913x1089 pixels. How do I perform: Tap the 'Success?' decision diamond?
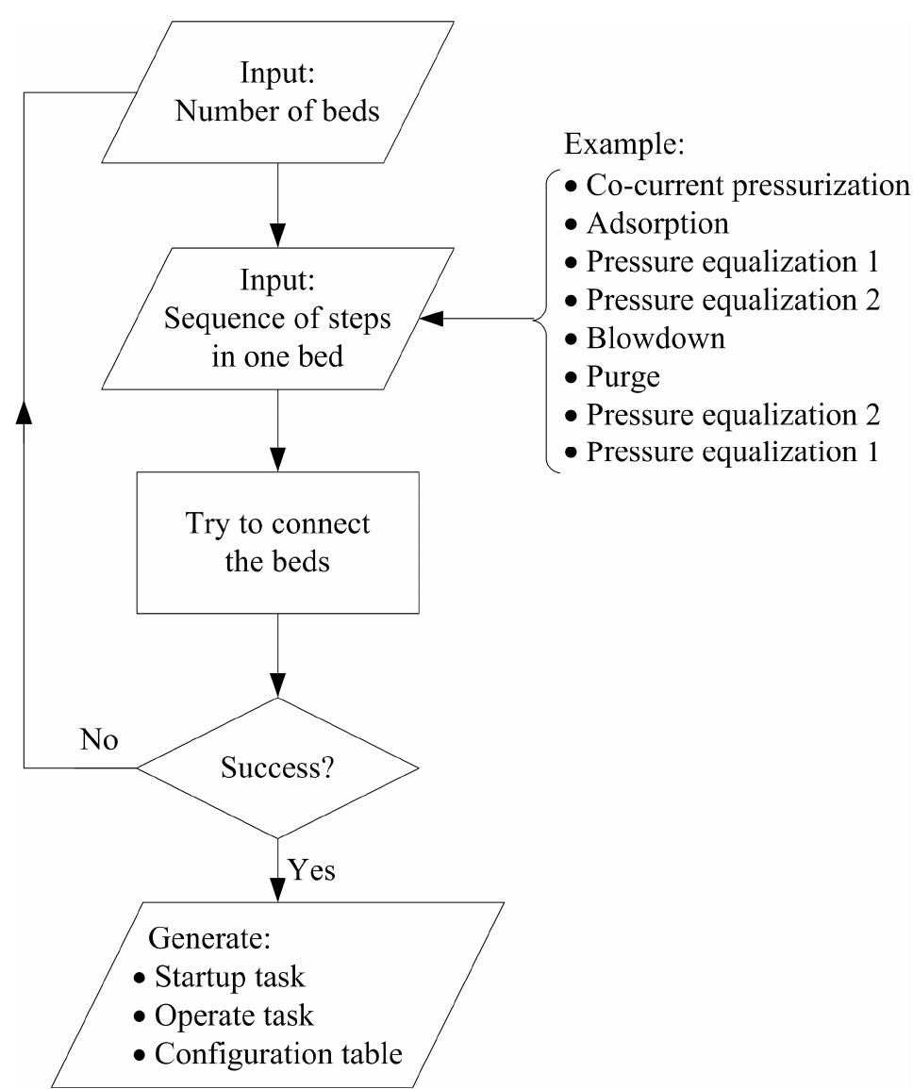(277, 767)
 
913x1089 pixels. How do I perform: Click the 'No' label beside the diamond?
(99, 741)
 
